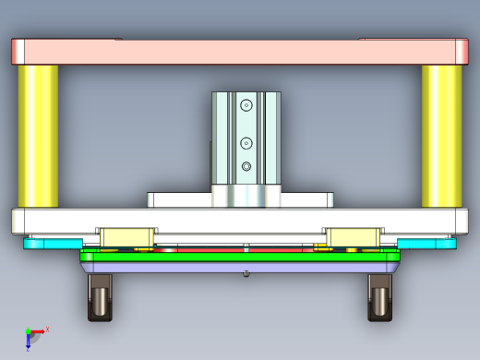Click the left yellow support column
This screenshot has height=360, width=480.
(x=38, y=136)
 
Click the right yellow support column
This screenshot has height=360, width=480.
(x=441, y=136)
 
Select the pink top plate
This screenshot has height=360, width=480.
(x=240, y=51)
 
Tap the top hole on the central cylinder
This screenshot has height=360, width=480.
(x=246, y=106)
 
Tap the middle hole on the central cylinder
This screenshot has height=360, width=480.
(x=246, y=142)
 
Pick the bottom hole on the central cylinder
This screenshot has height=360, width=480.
(x=246, y=166)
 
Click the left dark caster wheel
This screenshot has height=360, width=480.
(x=99, y=298)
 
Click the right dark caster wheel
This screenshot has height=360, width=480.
(x=379, y=298)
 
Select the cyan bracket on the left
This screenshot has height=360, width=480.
(x=51, y=243)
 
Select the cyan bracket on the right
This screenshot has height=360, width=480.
(x=427, y=243)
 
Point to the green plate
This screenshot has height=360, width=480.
(x=240, y=256)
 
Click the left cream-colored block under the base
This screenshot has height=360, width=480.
(x=126, y=237)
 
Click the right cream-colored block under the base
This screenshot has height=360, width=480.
(x=351, y=237)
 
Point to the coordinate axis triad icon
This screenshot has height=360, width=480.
(x=33, y=335)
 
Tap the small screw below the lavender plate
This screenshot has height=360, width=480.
(x=246, y=273)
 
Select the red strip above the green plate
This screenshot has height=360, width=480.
(x=212, y=248)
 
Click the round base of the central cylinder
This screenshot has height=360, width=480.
(x=246, y=196)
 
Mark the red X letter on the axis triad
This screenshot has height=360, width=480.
(x=47, y=328)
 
